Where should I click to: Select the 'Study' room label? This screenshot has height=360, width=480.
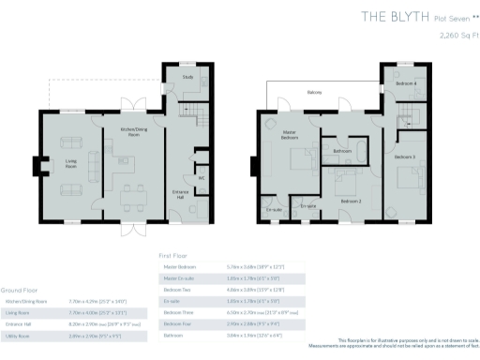(x=187, y=77)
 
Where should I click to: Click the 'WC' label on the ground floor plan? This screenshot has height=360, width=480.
(x=201, y=177)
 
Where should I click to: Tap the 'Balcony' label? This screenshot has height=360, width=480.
(x=316, y=92)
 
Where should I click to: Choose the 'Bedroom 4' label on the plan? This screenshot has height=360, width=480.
(x=404, y=83)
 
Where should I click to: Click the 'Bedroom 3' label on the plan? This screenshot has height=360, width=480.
(x=405, y=156)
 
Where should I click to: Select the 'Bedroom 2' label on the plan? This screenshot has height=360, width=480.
(x=351, y=201)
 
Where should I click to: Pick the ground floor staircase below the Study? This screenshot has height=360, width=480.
(x=185, y=112)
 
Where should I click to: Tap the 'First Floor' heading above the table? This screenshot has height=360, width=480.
(x=173, y=254)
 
